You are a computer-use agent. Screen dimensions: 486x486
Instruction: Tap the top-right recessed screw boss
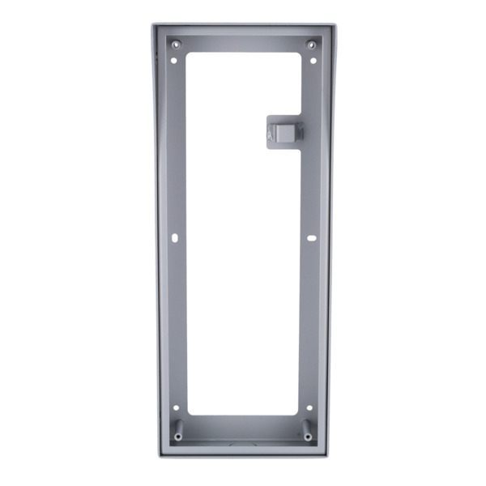coord(309,44)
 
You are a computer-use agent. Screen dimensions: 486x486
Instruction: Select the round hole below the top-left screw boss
coord(175,59)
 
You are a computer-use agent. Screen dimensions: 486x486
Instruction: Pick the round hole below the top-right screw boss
coord(312,59)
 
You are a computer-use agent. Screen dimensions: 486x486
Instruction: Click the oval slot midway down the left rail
coord(175,237)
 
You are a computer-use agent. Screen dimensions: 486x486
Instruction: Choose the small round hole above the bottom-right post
coord(309,408)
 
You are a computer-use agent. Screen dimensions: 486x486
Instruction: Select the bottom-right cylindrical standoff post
coord(307,430)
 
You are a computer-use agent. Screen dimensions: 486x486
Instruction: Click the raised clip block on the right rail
coord(284,130)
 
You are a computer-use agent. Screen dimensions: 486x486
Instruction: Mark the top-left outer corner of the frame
coord(151,24)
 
